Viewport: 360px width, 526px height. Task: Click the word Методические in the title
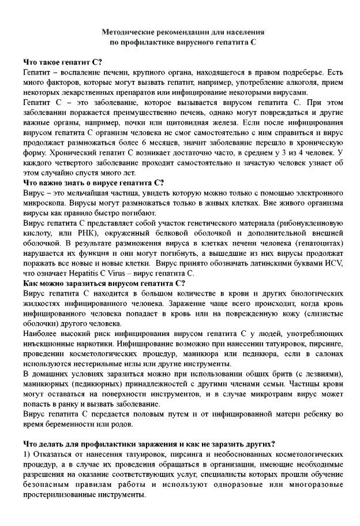[x=129, y=33]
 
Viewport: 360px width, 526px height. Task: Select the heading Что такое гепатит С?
[x=63, y=62]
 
